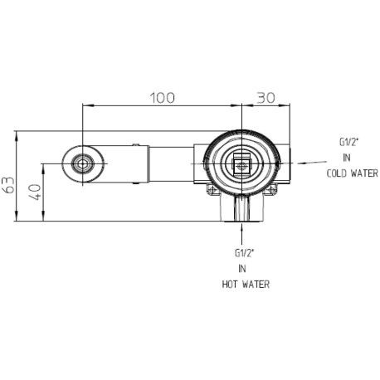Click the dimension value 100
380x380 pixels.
coord(163,98)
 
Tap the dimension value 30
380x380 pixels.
coord(266,98)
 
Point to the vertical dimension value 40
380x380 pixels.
coord(36,192)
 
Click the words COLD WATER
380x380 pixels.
coord(352,173)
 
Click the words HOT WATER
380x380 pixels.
coord(246,284)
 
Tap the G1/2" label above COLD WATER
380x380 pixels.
coord(348,142)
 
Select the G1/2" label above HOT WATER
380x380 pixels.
coord(244,253)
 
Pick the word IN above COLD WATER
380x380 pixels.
coord(347,158)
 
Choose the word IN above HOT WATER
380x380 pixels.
coord(242,268)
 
